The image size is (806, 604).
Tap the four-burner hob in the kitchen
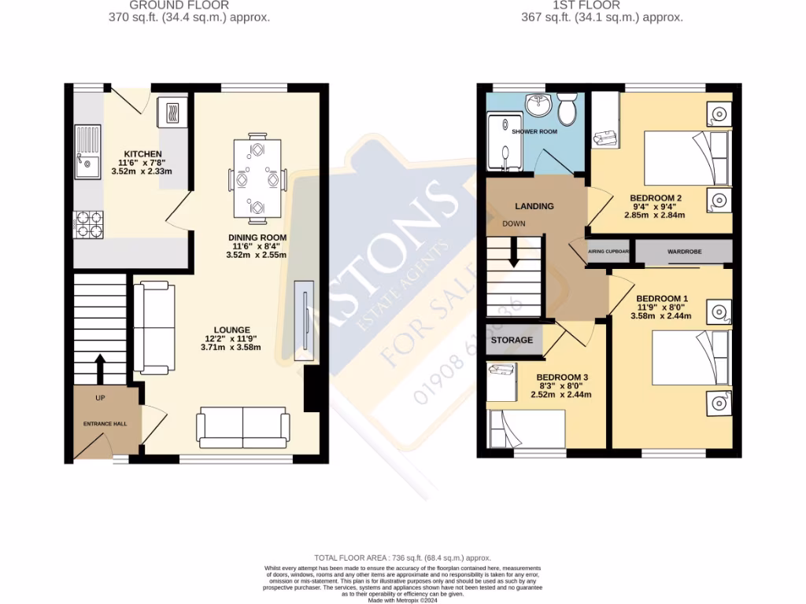click(88, 225)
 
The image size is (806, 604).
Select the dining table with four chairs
click(257, 179)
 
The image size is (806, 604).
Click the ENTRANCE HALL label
click(105, 423)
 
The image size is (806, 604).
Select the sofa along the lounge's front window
click(242, 428)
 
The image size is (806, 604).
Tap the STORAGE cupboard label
click(512, 340)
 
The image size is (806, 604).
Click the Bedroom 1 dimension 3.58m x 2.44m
click(661, 316)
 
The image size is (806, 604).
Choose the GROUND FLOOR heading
click(190, 5)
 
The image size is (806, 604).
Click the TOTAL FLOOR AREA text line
click(402, 556)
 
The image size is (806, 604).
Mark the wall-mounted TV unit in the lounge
click(304, 321)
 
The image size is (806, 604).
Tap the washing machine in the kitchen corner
click(172, 112)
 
